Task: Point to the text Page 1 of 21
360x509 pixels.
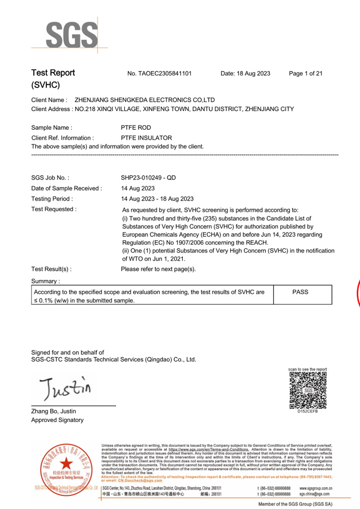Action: tap(306, 74)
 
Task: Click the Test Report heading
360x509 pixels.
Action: tap(53, 73)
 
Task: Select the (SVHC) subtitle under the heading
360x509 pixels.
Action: tap(46, 85)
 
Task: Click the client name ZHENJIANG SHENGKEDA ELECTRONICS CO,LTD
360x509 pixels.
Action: tap(145, 100)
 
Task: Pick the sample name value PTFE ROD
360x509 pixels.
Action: tap(136, 128)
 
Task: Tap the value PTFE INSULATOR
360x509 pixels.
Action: tap(146, 138)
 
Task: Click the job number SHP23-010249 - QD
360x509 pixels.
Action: tap(149, 178)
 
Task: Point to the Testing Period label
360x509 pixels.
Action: tap(52, 199)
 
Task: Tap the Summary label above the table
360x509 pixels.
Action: tap(46, 281)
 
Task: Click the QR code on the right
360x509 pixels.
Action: tap(308, 390)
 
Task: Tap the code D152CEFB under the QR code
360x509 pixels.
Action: tap(308, 411)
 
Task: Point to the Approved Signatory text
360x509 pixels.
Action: tap(57, 420)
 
